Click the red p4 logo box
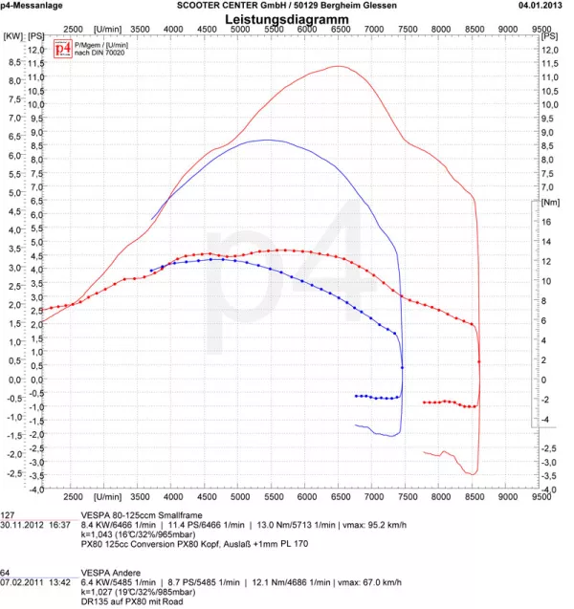point(61,48)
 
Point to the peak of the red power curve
point(339,66)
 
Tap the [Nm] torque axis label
point(549,203)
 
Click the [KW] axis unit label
point(12,35)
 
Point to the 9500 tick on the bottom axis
point(541,496)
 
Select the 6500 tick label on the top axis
point(340,30)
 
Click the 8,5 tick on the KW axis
point(13,62)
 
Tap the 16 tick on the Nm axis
point(545,221)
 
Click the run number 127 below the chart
point(8,513)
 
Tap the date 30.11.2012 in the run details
point(23,524)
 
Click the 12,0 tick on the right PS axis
point(550,49)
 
